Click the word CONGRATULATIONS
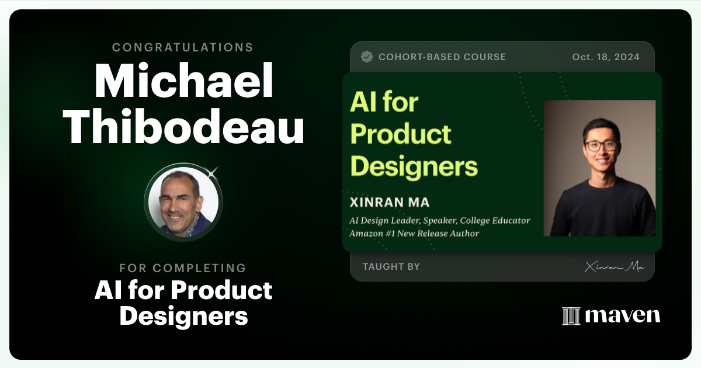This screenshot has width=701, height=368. click(183, 47)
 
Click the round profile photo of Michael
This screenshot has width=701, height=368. click(183, 203)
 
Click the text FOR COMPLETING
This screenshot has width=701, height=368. click(183, 268)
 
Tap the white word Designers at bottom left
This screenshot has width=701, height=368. click(183, 316)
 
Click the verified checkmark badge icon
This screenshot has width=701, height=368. click(367, 57)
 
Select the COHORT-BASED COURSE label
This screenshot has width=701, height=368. click(442, 57)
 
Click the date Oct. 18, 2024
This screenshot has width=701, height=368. click(606, 57)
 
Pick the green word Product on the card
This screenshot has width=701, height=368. click(401, 134)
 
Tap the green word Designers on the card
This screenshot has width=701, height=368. click(414, 166)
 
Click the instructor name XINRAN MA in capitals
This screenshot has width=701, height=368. click(390, 202)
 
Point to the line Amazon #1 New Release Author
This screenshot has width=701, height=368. click(414, 233)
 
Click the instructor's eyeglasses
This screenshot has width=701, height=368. click(601, 145)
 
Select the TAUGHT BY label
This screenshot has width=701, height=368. click(391, 266)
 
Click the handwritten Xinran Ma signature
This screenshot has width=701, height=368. click(614, 267)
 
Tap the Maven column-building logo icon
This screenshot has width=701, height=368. click(571, 315)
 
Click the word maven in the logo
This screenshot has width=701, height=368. click(622, 315)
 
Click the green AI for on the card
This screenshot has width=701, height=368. click(384, 103)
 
